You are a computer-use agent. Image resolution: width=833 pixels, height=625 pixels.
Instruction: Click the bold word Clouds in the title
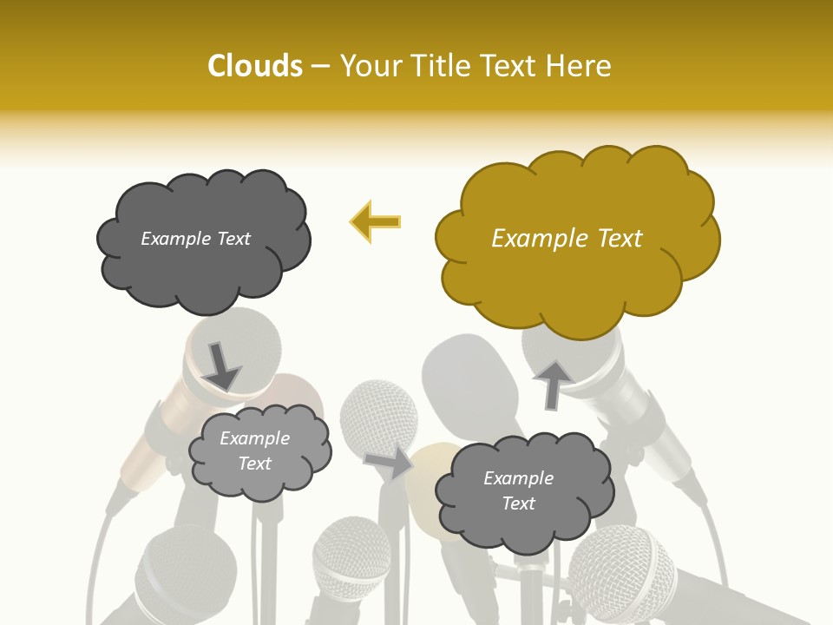coord(255,66)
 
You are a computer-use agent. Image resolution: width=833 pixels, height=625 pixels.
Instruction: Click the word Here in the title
coord(580,66)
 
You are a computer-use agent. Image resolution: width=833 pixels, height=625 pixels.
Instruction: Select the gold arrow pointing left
coord(375,221)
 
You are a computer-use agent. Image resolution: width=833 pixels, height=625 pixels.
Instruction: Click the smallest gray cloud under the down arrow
coord(259,451)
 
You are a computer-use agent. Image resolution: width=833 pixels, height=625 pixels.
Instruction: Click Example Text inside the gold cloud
coord(567,238)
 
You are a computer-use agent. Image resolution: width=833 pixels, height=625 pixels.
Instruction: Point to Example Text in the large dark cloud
coord(196,238)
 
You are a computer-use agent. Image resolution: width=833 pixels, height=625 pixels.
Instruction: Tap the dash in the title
coord(320,66)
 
